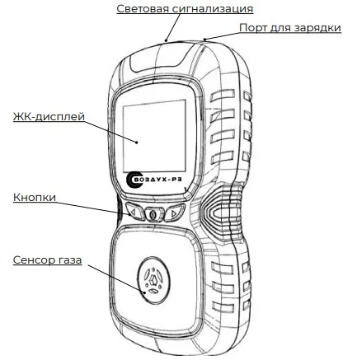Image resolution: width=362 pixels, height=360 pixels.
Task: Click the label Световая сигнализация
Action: (185, 8)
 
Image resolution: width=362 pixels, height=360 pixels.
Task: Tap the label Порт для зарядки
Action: (290, 28)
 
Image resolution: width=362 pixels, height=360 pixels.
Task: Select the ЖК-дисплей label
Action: (49, 116)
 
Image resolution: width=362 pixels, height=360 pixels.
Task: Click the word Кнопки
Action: (35, 197)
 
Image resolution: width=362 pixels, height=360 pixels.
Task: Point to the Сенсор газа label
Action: (47, 259)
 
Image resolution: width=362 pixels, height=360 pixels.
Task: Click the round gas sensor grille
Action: (153, 280)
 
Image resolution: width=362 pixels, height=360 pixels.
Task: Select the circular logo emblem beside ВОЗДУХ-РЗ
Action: (134, 180)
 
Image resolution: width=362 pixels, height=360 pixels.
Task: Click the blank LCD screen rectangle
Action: (154, 136)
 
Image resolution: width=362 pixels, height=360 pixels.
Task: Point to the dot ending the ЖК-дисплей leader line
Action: (137, 142)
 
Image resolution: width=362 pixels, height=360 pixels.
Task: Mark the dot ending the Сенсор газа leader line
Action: (145, 292)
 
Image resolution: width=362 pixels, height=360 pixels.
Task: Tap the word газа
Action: (70, 259)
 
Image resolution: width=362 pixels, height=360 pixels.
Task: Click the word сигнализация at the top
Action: (213, 9)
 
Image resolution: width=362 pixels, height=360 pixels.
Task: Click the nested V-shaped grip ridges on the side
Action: (220, 212)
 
